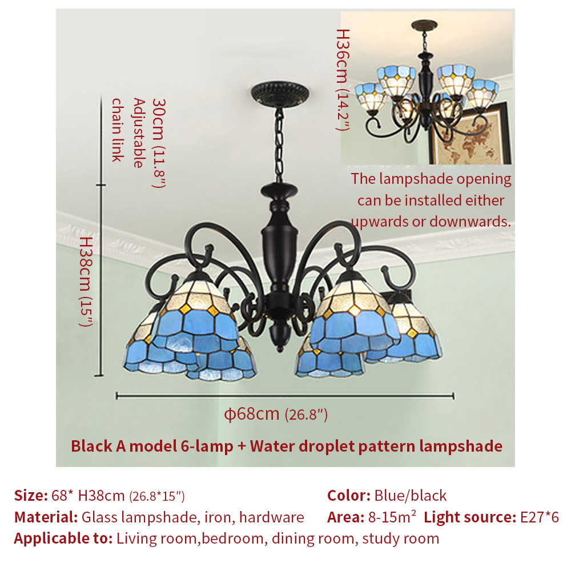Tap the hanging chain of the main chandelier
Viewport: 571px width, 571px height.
[x=279, y=145]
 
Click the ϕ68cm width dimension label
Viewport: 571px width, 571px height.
[x=276, y=414]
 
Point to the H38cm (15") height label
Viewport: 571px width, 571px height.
[x=86, y=282]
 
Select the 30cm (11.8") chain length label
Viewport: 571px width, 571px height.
[x=159, y=143]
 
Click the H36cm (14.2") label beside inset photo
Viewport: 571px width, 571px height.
[x=343, y=80]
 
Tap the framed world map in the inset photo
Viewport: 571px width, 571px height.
[x=471, y=134]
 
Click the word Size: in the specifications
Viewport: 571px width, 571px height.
[x=31, y=496]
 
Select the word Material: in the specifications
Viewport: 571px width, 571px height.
[x=46, y=517]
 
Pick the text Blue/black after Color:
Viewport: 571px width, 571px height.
[x=411, y=496]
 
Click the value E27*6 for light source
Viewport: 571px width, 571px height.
[x=540, y=517]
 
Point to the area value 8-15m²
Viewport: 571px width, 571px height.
[x=392, y=517]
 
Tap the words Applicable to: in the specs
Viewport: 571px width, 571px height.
[x=63, y=538]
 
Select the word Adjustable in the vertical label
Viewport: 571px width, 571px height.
[x=139, y=132]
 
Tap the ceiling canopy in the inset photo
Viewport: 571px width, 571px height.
[x=424, y=25]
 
